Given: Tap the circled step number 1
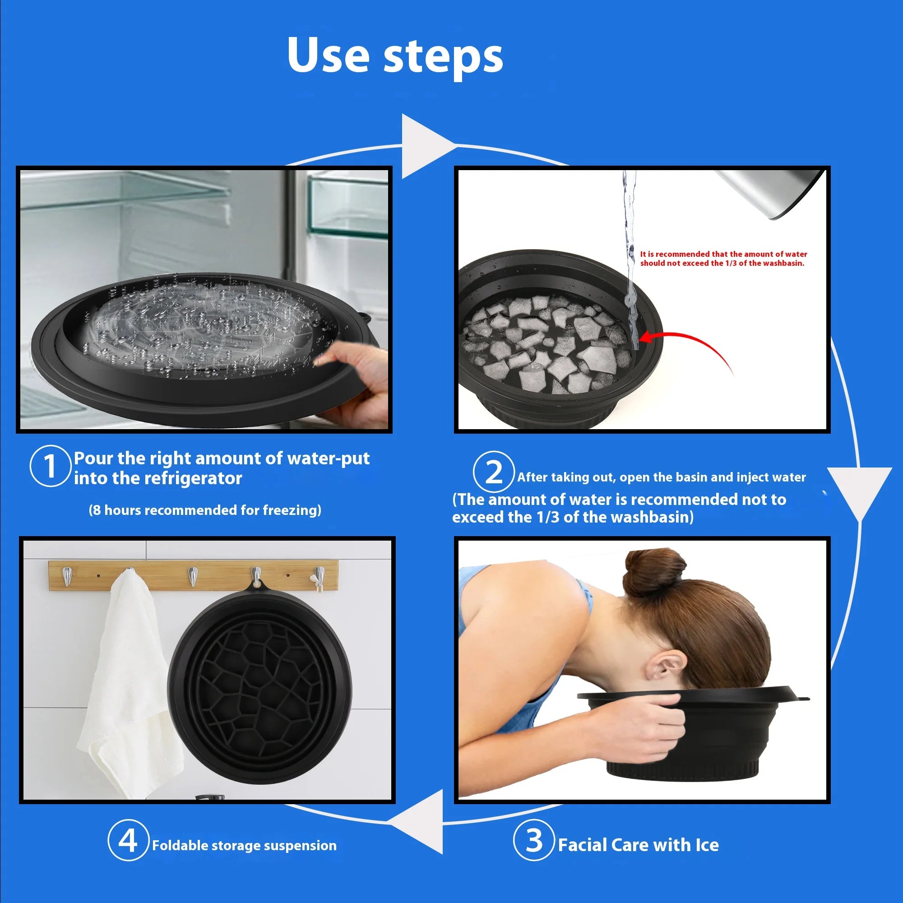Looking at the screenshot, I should [50, 466].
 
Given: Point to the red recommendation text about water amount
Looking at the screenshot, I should [723, 259].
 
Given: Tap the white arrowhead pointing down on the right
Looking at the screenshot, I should [859, 488].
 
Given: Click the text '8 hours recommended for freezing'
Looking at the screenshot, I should [205, 510].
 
